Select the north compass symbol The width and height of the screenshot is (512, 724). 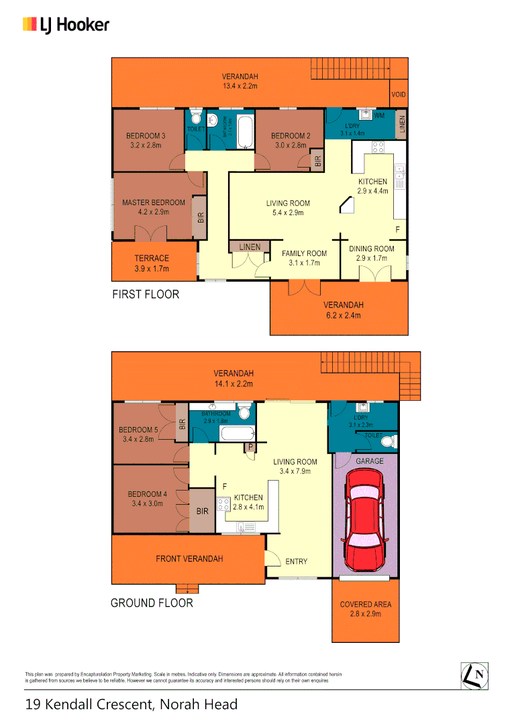pyautogui.click(x=474, y=675)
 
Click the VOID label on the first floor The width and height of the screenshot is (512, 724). pyautogui.click(x=399, y=95)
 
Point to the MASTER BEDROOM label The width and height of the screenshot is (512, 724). pyautogui.click(x=153, y=202)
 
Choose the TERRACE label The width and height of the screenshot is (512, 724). pyautogui.click(x=152, y=258)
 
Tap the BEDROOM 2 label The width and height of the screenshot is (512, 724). pyautogui.click(x=291, y=136)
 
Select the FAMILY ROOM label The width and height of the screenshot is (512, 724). pyautogui.click(x=304, y=253)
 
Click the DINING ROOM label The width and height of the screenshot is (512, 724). pyautogui.click(x=372, y=249)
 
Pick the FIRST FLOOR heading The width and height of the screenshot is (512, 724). pyautogui.click(x=146, y=294)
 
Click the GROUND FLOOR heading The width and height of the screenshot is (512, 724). pyautogui.click(x=152, y=603)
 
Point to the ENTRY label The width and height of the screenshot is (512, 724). pyautogui.click(x=296, y=562)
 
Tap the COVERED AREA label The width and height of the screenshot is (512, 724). pyautogui.click(x=365, y=604)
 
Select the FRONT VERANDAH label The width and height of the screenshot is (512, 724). pyautogui.click(x=189, y=558)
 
